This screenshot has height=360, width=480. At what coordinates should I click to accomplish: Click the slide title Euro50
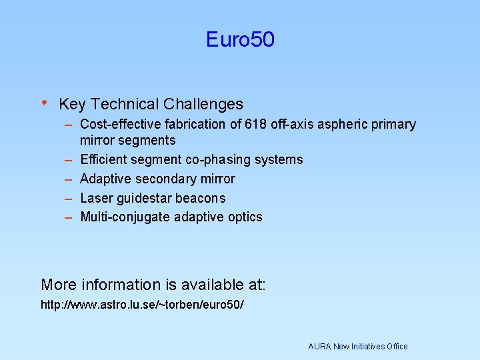(x=240, y=40)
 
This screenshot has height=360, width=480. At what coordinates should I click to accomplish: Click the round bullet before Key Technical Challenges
(x=44, y=103)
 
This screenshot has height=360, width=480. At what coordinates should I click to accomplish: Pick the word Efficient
(x=101, y=159)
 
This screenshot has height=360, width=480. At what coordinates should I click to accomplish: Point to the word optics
(x=245, y=217)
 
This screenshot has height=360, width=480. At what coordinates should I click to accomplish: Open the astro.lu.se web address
(x=142, y=305)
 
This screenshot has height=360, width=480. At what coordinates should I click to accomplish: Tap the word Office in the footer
(x=397, y=346)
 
